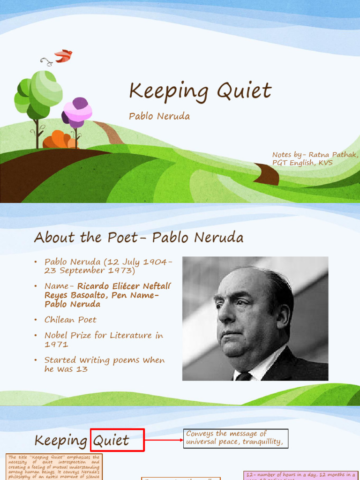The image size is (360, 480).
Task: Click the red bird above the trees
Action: point(63,56)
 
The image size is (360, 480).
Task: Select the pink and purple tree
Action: point(77,113)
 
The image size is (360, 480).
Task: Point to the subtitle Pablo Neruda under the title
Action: point(159,116)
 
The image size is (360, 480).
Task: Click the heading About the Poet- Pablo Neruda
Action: point(139,238)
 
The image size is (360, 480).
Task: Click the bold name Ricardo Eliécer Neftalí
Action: point(124,286)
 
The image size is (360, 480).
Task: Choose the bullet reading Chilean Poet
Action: point(70,320)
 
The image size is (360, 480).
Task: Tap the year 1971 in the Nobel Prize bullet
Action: point(56,344)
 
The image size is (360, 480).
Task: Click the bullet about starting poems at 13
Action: point(104,364)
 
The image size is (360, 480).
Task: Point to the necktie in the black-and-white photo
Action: point(244,376)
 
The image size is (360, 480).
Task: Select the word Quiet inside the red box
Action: point(111,441)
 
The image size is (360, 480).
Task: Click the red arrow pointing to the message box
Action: point(164,440)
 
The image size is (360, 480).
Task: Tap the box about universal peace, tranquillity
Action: point(235,438)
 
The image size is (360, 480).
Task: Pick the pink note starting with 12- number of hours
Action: point(300,475)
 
